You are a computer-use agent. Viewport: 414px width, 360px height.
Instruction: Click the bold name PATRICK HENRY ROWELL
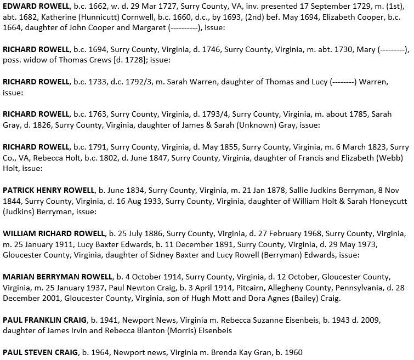49,190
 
